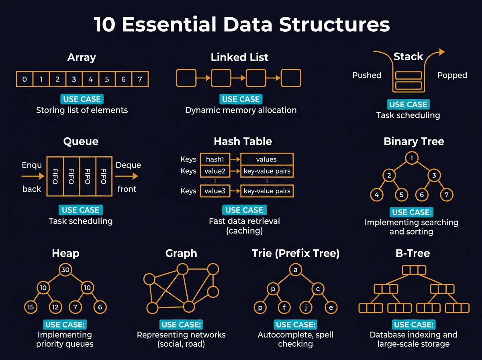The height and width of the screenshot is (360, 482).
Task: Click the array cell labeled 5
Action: tap(107, 80)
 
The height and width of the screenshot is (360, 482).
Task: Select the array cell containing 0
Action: tap(25, 80)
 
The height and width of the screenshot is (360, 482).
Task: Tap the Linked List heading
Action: tap(239, 57)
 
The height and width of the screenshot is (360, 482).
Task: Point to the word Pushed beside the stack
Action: tap(366, 76)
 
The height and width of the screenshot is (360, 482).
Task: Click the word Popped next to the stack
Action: tap(452, 76)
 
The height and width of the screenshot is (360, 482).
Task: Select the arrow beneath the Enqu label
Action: tap(33, 176)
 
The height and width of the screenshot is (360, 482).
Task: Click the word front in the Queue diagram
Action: tap(127, 189)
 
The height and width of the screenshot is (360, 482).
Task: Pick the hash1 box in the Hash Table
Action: tap(214, 160)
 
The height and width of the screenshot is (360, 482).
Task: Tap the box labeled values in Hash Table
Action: tap(266, 160)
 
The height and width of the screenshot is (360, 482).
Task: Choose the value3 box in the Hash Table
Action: tap(214, 191)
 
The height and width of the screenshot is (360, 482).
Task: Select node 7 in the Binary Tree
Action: tap(446, 195)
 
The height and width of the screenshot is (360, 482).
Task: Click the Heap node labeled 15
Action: tap(31, 307)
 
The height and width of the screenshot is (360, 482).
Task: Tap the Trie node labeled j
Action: tap(306, 308)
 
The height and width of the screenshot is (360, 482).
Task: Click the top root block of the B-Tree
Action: tap(413, 270)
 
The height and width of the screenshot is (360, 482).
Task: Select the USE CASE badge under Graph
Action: tap(181, 325)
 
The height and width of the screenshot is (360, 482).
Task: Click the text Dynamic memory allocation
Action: tap(241, 110)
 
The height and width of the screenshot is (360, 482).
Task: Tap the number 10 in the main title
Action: tap(105, 25)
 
